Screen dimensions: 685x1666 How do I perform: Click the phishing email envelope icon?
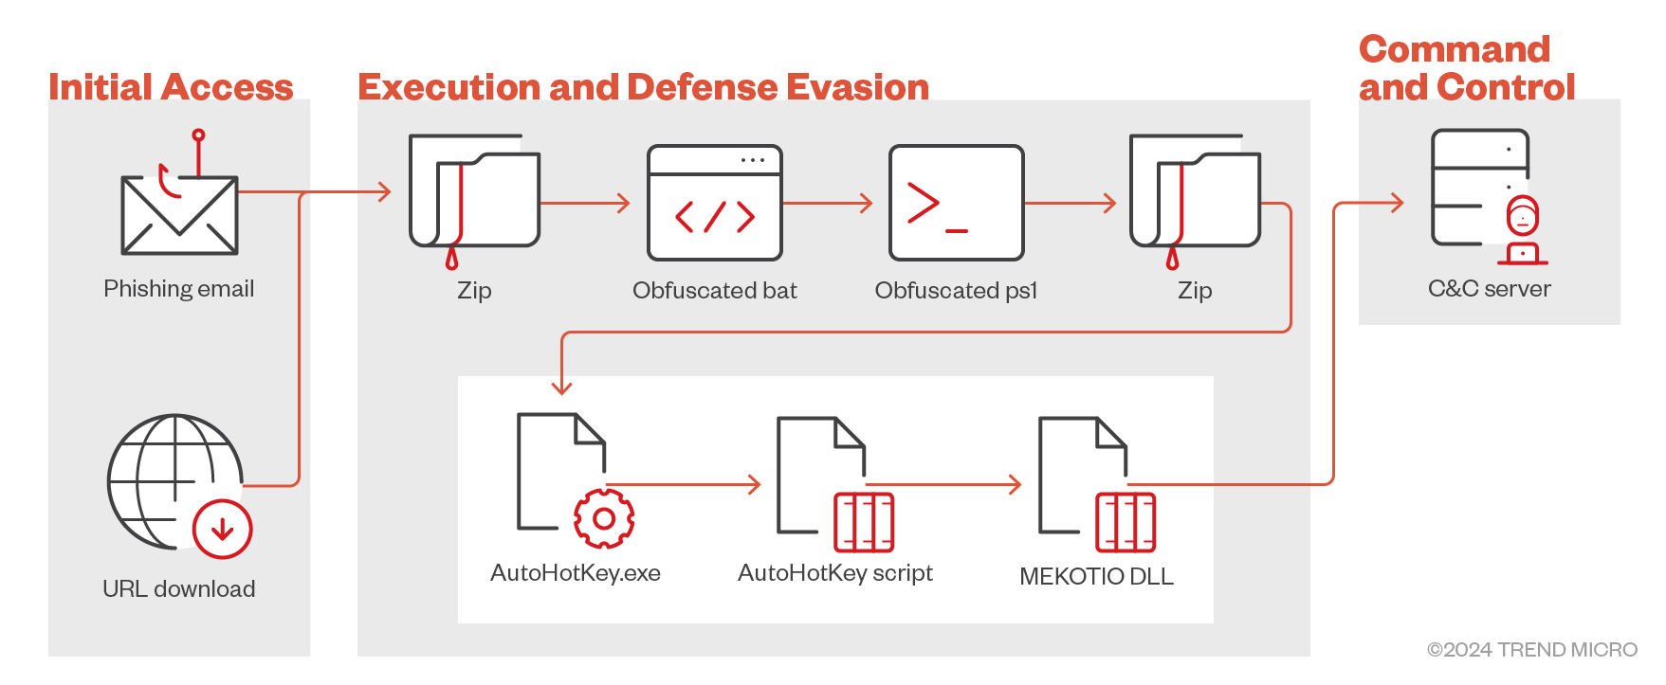pyautogui.click(x=179, y=216)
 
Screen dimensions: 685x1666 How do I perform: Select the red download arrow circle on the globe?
pyautogui.click(x=223, y=529)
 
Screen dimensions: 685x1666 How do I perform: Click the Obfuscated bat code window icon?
pyautogui.click(x=715, y=203)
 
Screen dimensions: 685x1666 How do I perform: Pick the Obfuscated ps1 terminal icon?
pyautogui.click(x=956, y=203)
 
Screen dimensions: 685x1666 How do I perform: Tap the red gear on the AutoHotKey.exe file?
pyautogui.click(x=604, y=518)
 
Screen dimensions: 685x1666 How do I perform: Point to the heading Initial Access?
pyautogui.click(x=171, y=87)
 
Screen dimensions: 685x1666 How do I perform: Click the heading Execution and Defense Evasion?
pyautogui.click(x=643, y=87)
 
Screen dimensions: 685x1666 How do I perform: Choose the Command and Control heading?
pyautogui.click(x=1466, y=68)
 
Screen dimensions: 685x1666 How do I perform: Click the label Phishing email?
pyautogui.click(x=179, y=289)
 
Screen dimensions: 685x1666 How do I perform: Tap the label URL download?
pyautogui.click(x=179, y=589)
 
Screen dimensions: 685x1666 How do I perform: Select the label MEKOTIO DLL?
pyautogui.click(x=1096, y=576)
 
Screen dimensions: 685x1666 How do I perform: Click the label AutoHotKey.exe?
pyautogui.click(x=576, y=573)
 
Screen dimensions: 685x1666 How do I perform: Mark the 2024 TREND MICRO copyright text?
pyautogui.click(x=1532, y=650)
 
